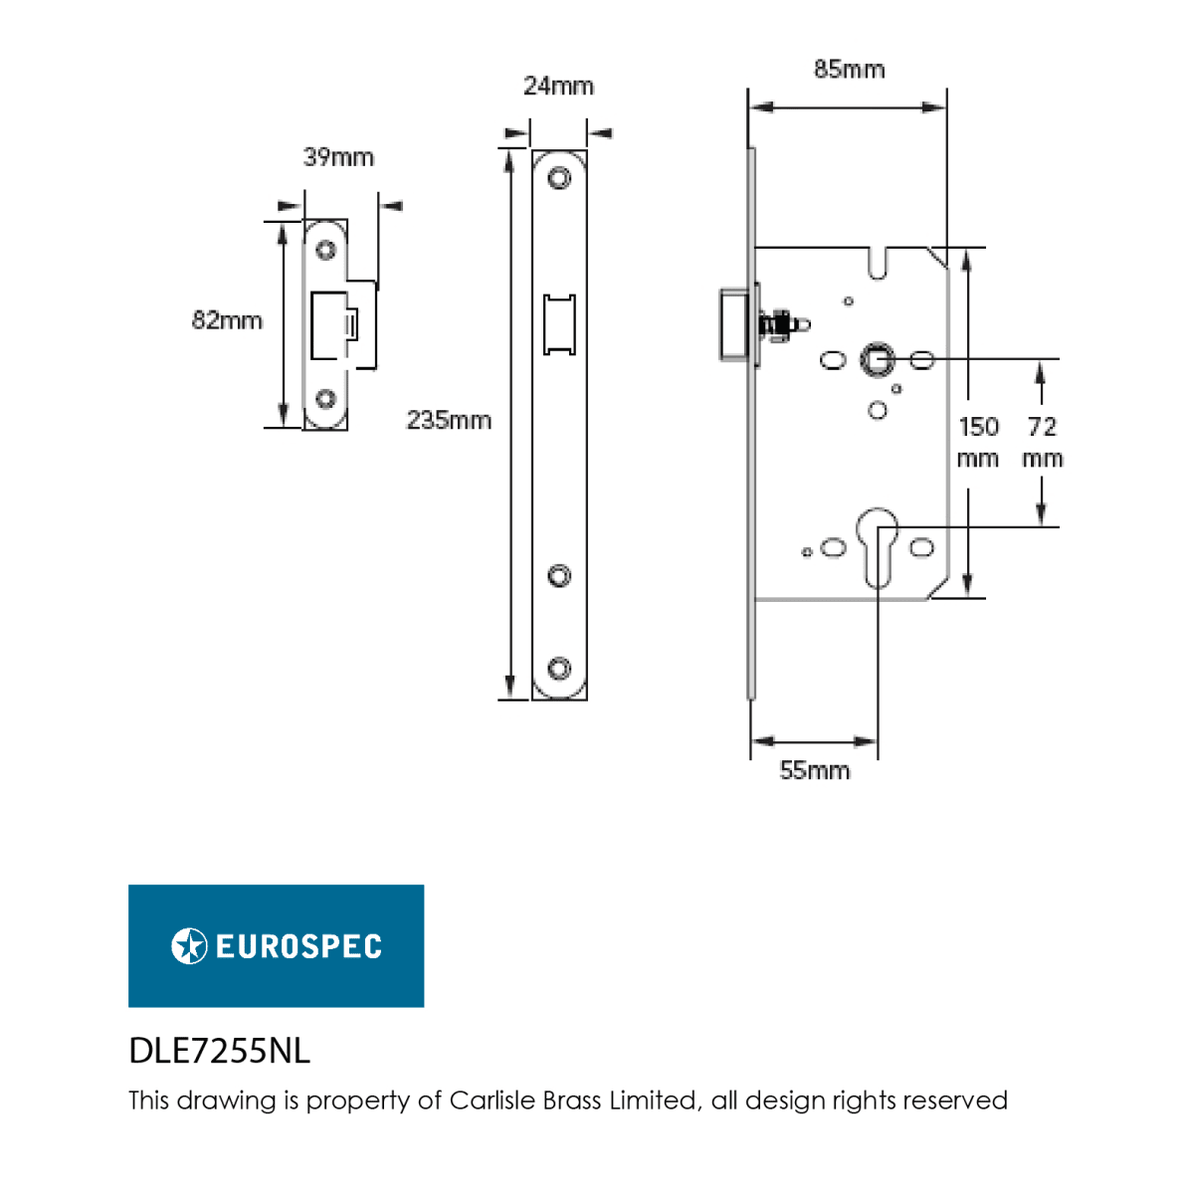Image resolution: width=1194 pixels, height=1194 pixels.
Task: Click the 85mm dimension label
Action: click(849, 70)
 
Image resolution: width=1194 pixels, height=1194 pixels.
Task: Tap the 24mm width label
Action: click(558, 87)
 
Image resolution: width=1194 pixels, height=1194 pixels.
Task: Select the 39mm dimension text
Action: click(338, 157)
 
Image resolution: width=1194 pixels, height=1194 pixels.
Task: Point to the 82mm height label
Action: click(227, 320)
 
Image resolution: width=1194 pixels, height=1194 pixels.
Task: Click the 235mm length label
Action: click(449, 420)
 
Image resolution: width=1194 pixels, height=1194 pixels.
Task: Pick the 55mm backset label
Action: click(814, 770)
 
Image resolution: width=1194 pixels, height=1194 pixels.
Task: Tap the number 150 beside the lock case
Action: click(978, 427)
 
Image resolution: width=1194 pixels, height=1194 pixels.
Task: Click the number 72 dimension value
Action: click(1042, 427)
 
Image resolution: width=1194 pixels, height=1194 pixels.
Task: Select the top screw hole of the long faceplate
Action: click(559, 178)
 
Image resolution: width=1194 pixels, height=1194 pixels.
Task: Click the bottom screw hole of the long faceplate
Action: click(559, 669)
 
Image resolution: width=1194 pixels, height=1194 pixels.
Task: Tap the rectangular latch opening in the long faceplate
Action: click(559, 324)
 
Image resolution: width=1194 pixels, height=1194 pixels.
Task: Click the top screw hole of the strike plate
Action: click(326, 251)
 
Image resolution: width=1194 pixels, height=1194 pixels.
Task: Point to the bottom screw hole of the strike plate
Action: click(326, 398)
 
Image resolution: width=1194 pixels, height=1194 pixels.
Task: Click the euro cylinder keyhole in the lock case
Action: click(878, 547)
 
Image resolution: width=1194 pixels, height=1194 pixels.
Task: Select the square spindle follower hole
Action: click(877, 359)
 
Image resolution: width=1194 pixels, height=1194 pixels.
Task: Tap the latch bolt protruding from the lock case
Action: click(734, 323)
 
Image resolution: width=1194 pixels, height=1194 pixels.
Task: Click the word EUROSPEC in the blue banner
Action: click(298, 946)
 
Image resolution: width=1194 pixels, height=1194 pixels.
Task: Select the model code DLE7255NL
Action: click(219, 1051)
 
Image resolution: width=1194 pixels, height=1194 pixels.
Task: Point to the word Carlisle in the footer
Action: click(493, 1100)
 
